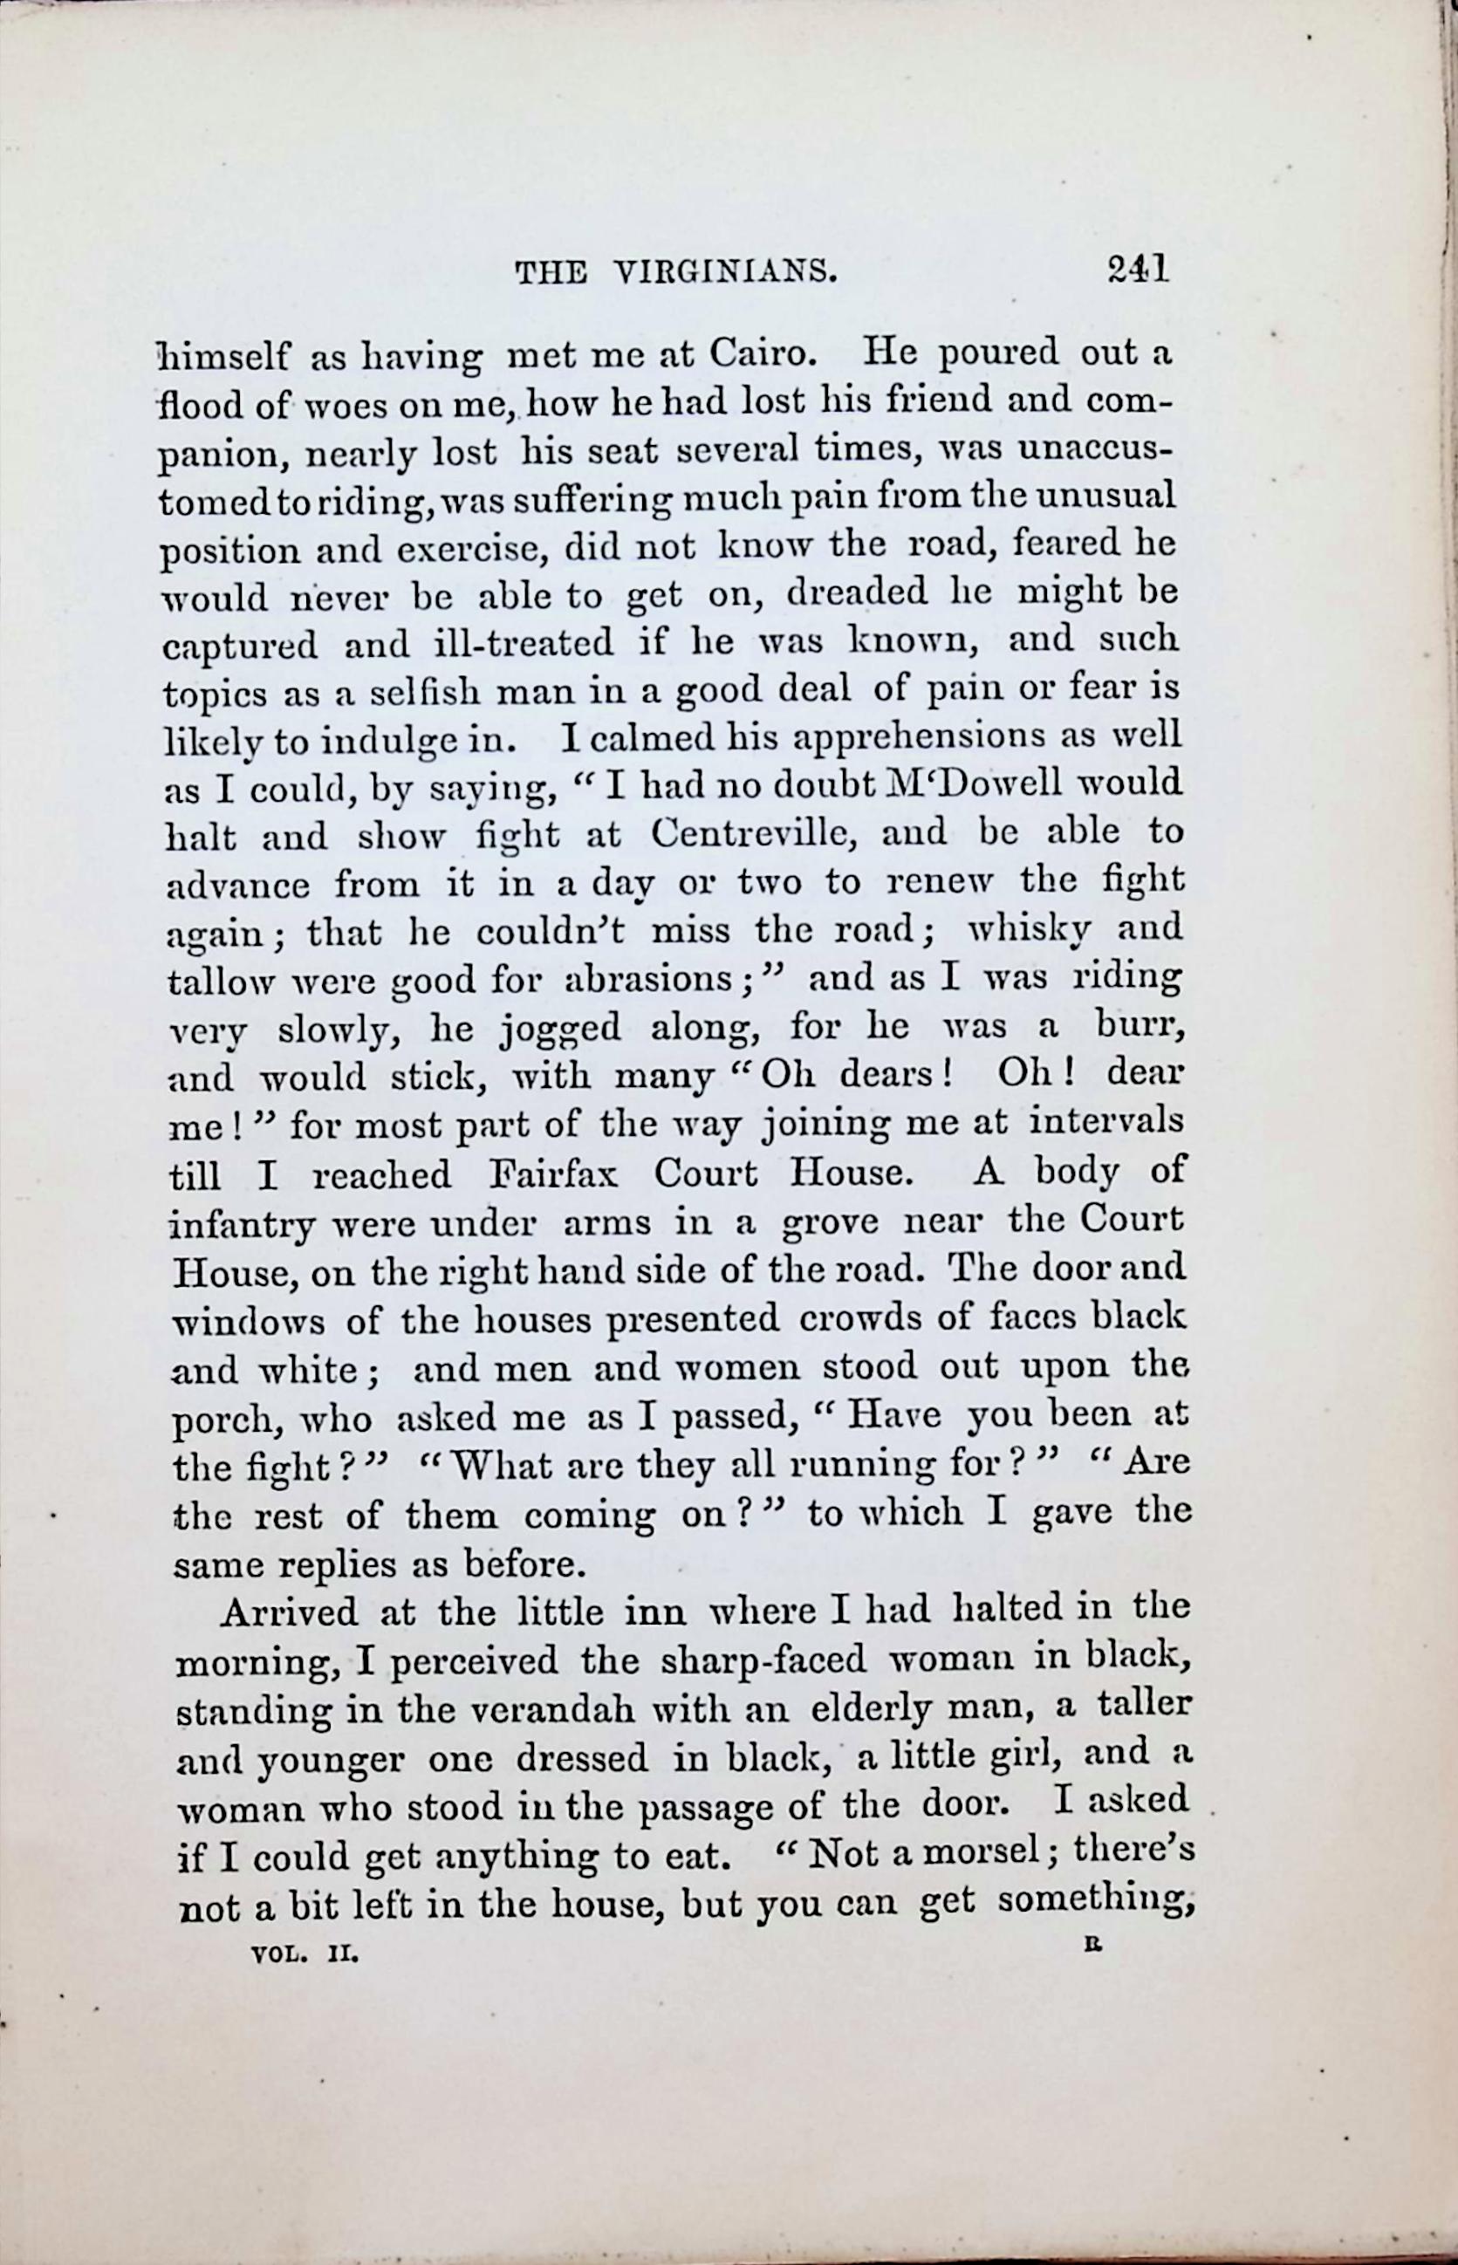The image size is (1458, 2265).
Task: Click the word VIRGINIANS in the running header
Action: (x=725, y=274)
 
